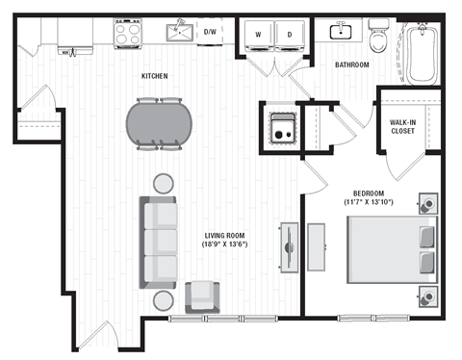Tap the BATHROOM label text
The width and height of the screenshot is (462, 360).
[352, 65]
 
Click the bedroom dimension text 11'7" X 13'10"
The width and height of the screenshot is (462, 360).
[361, 203]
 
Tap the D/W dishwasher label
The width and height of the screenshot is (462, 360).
[210, 32]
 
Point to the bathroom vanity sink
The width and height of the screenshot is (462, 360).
[339, 32]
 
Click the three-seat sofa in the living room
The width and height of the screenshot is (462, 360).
[160, 241]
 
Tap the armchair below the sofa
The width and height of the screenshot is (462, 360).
[202, 296]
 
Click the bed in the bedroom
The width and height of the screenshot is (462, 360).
[390, 247]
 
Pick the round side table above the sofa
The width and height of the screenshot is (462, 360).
[165, 182]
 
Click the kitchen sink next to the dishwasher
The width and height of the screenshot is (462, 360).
[178, 34]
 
